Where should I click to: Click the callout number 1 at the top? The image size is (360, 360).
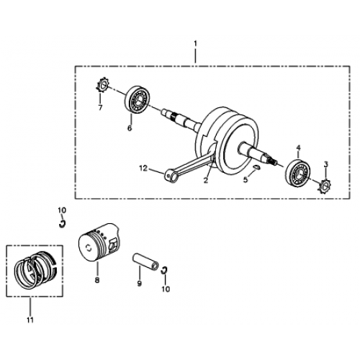click(x=195, y=45)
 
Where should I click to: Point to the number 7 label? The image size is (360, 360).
click(x=100, y=108)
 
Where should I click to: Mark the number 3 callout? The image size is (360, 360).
click(x=326, y=166)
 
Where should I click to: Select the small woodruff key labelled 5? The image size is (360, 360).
click(x=257, y=168)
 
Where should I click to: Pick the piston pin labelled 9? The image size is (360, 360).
click(x=145, y=260)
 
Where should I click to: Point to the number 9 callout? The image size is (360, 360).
click(x=140, y=284)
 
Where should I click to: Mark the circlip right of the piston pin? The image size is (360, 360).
click(x=165, y=270)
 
